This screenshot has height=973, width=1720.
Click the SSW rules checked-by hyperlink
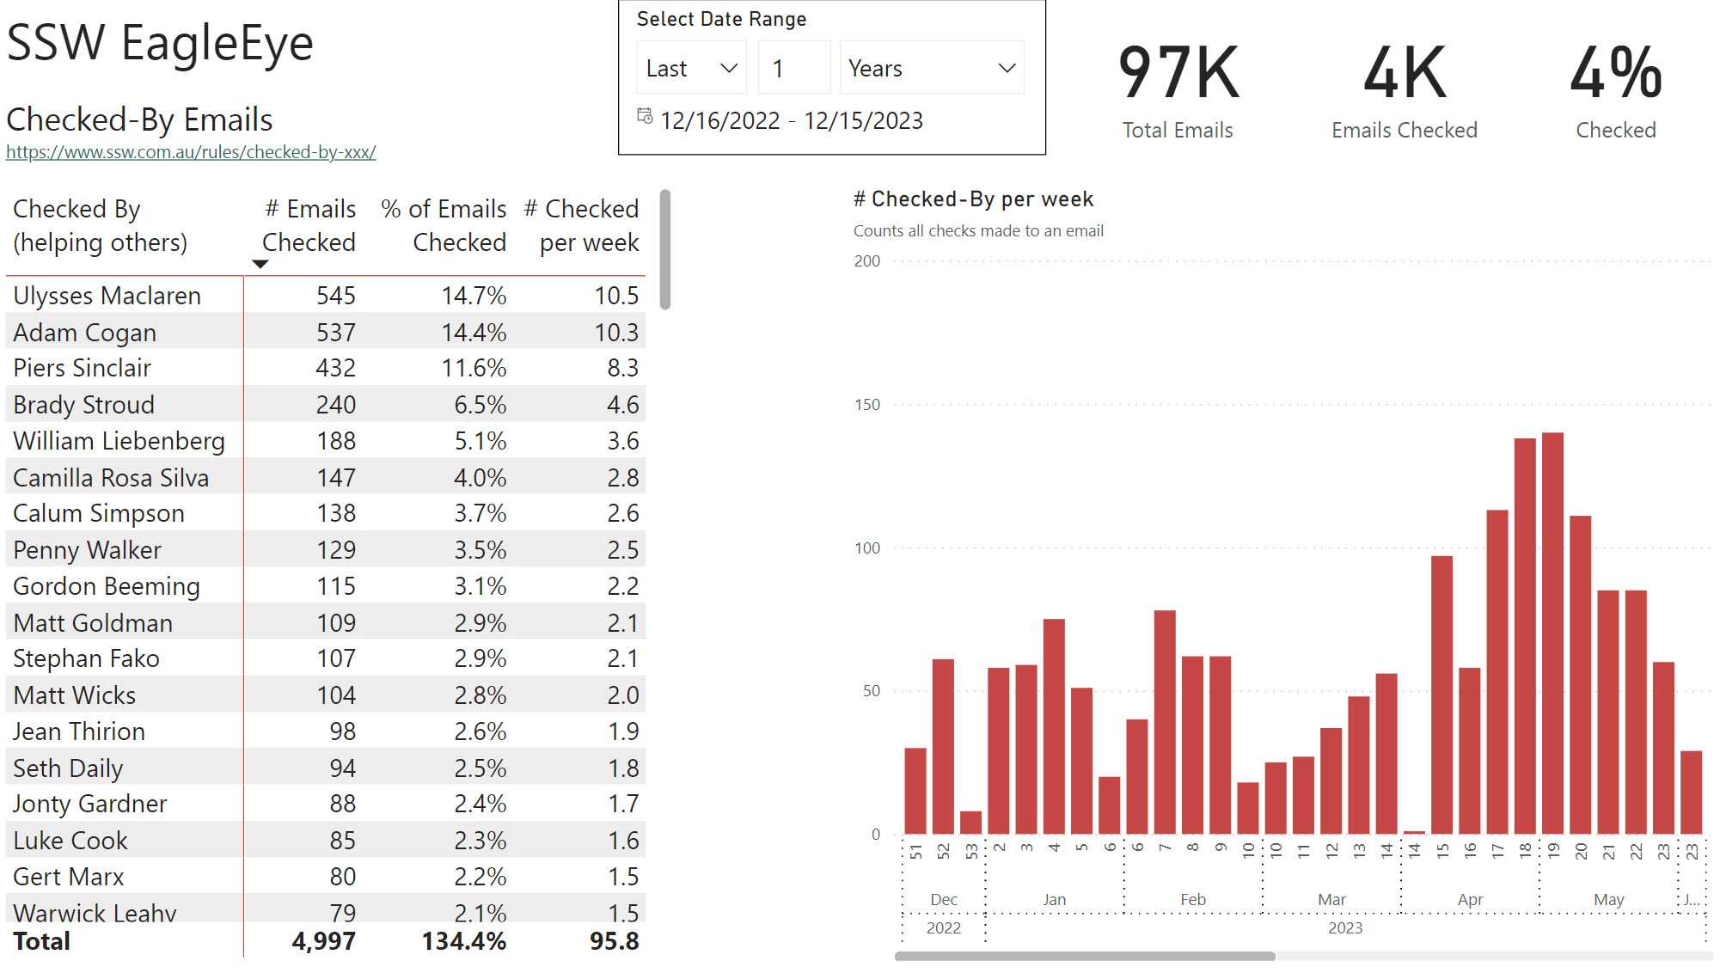pyautogui.click(x=191, y=152)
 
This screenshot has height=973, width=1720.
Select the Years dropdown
pyautogui.click(x=932, y=68)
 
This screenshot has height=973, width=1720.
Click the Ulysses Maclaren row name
pyautogui.click(x=107, y=296)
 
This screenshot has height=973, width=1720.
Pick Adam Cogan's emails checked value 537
pyautogui.click(x=335, y=333)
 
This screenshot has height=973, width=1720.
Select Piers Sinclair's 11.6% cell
pyautogui.click(x=474, y=369)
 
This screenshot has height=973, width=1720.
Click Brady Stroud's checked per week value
pyautogui.click(x=622, y=405)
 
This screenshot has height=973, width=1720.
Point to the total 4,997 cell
pyautogui.click(x=323, y=941)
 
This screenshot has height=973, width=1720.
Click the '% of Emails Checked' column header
pyautogui.click(x=444, y=225)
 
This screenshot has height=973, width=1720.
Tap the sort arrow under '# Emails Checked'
pyautogui.click(x=260, y=265)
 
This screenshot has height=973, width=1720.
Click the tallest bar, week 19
pyautogui.click(x=1552, y=633)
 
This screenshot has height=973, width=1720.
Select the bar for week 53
pyautogui.click(x=970, y=823)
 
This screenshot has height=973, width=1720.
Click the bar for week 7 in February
pyautogui.click(x=1165, y=722)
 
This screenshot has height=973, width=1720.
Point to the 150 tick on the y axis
pyautogui.click(x=867, y=405)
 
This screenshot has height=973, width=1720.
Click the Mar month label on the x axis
pyautogui.click(x=1331, y=900)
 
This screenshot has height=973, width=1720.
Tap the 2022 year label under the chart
pyautogui.click(x=943, y=928)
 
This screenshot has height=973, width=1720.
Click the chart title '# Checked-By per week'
pyautogui.click(x=973, y=199)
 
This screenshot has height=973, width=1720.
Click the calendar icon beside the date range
pyautogui.click(x=645, y=116)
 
